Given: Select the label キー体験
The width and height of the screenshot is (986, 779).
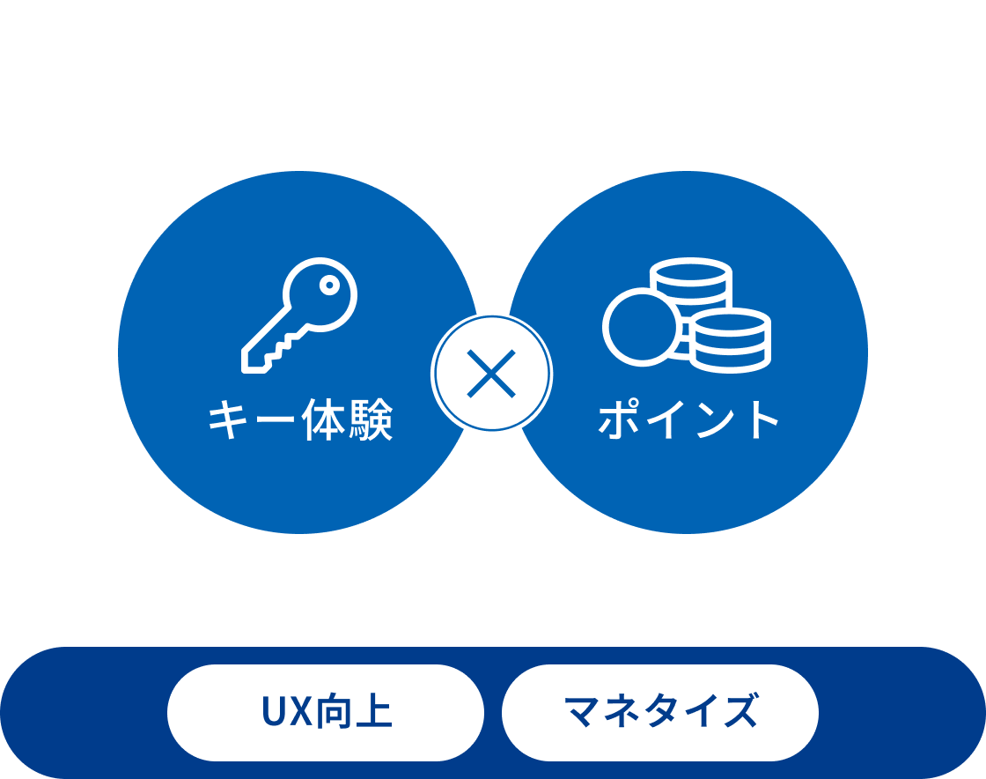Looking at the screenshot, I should point(299,421).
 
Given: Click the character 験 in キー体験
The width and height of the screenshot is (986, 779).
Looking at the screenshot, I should point(368,421).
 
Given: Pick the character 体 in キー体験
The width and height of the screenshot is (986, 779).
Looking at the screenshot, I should point(322,421).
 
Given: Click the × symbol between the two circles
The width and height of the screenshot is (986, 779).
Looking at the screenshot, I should point(493,375).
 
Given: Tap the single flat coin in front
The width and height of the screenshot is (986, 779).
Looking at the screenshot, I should point(641,326).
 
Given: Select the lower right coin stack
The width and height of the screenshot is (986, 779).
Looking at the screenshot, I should point(730,338).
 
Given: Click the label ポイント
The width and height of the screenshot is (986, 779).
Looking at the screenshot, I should point(688,421).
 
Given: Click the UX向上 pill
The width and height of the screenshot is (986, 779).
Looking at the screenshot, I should point(326,712).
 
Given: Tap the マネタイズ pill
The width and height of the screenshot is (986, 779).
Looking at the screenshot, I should point(660,712).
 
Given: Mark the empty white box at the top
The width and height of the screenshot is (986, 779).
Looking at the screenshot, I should point(493,60).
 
